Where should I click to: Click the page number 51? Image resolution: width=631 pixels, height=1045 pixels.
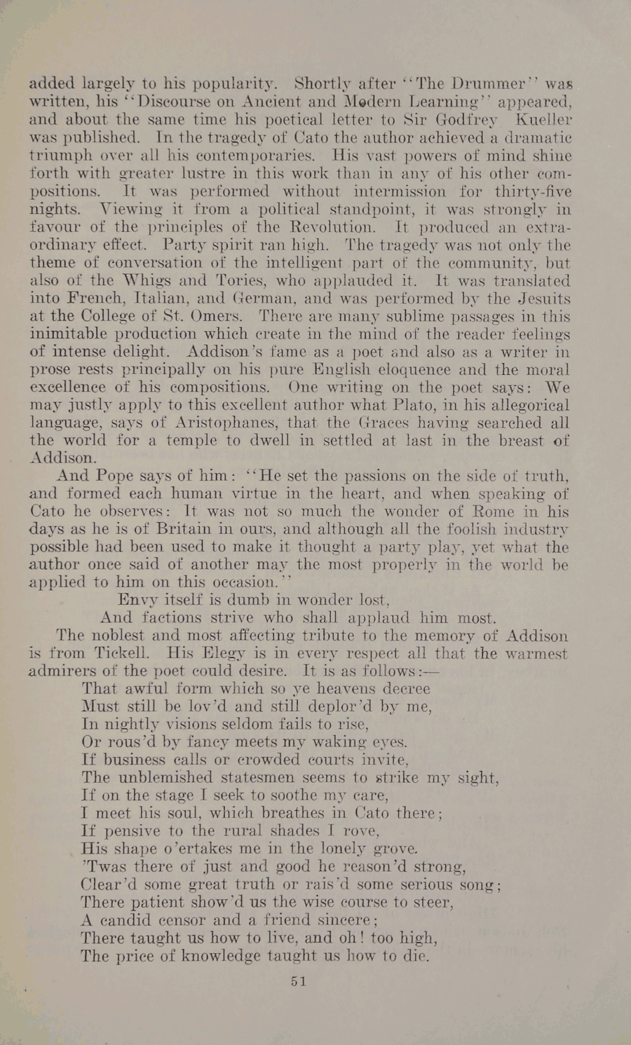[298, 982]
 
